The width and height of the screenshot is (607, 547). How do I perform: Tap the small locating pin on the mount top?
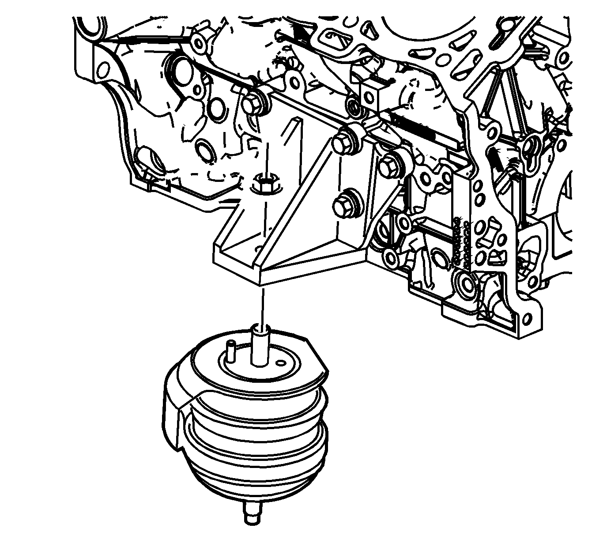point(230,349)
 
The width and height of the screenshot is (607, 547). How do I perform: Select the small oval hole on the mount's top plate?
point(281,363)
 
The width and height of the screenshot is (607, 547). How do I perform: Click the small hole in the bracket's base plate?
point(258,249)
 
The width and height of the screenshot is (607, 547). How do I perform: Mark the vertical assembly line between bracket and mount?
point(263,305)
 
